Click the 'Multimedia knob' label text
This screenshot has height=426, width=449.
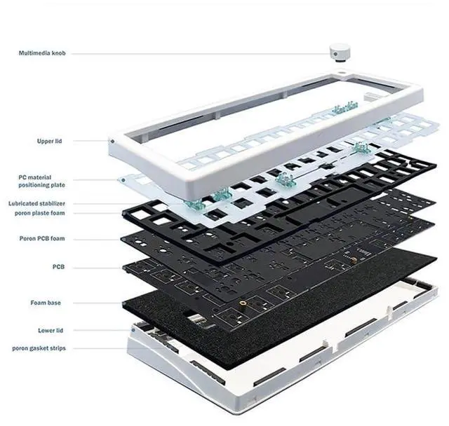click(x=42, y=53)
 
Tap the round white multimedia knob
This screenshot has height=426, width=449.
click(x=340, y=53)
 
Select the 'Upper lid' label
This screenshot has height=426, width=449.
click(x=49, y=141)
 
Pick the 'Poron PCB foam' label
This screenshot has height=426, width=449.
click(x=41, y=238)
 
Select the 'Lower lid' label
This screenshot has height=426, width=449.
click(x=48, y=330)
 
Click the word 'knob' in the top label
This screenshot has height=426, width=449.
click(x=58, y=53)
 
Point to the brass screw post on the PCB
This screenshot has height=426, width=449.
click(x=242, y=303)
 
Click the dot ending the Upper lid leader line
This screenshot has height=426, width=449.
click(x=112, y=141)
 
